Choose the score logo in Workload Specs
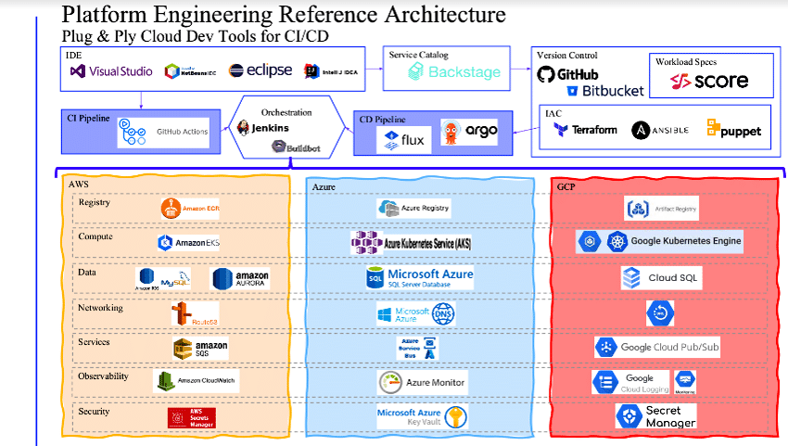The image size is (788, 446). pyautogui.click(x=710, y=81)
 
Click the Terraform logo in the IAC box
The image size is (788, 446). pyautogui.click(x=585, y=130)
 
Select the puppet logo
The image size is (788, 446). pyautogui.click(x=733, y=130)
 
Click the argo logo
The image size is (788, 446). pyautogui.click(x=470, y=133)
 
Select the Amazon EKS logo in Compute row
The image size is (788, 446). pyautogui.click(x=188, y=243)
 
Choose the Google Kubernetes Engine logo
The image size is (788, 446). pyautogui.click(x=660, y=242)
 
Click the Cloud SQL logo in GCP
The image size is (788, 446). pyautogui.click(x=661, y=277)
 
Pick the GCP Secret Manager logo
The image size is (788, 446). pyautogui.click(x=656, y=416)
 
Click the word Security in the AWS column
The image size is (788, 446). pyautogui.click(x=94, y=412)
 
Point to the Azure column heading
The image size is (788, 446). pyautogui.click(x=323, y=186)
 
